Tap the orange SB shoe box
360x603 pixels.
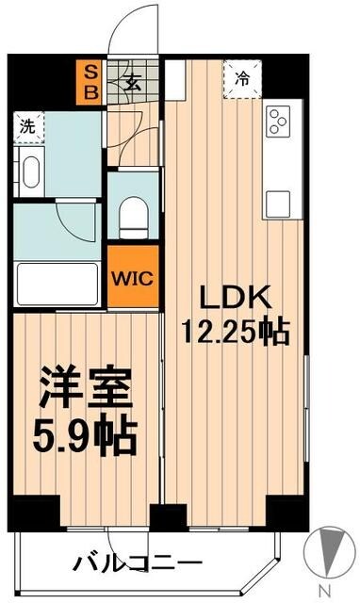[x=90, y=82]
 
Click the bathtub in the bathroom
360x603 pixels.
[x=56, y=282]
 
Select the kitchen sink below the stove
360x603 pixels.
[x=278, y=202]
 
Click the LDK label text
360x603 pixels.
[x=234, y=299]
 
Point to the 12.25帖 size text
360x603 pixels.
[x=236, y=331]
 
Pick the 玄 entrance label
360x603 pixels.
[x=131, y=82]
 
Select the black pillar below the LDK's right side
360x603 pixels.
[x=282, y=511]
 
